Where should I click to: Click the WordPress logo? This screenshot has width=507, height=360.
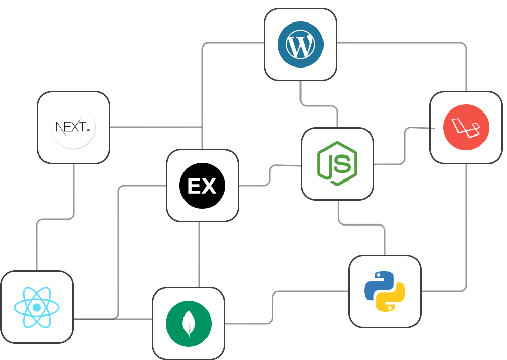[x=301, y=44]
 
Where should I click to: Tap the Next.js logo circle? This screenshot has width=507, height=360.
[x=74, y=127]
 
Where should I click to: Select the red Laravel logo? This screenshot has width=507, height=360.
[x=466, y=127]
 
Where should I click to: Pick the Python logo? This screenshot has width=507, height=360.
[x=384, y=291]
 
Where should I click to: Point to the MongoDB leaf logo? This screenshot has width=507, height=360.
[x=189, y=324]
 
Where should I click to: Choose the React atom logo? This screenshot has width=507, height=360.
[x=37, y=307]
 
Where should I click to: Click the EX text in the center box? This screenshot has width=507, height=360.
[x=202, y=186]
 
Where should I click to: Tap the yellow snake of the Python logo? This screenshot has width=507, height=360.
[x=393, y=299]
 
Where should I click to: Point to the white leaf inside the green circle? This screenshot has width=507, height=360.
[x=189, y=323]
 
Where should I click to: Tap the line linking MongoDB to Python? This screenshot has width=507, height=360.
[x=273, y=307]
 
